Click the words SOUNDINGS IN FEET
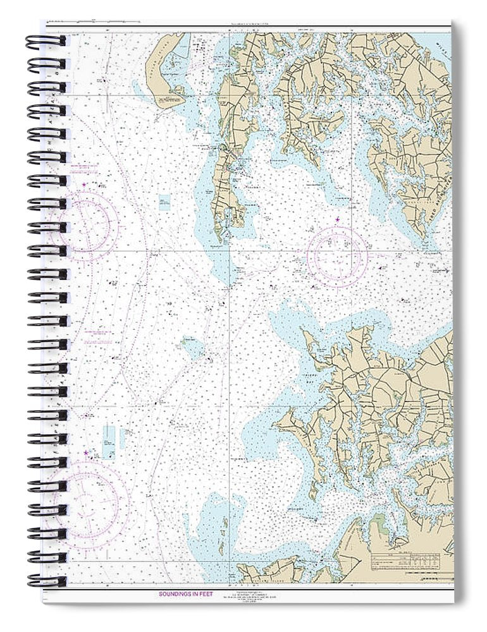(183, 595)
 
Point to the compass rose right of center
(337, 256)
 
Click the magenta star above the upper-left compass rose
(85, 185)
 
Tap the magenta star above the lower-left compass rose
(86, 453)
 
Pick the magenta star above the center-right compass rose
(337, 219)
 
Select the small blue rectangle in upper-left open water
(164, 202)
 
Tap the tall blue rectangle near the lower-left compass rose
(109, 441)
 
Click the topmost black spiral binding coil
(46, 42)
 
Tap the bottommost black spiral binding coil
(46, 580)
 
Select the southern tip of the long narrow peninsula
(219, 241)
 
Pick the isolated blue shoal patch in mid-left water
(191, 346)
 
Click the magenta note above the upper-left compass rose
(83, 169)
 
